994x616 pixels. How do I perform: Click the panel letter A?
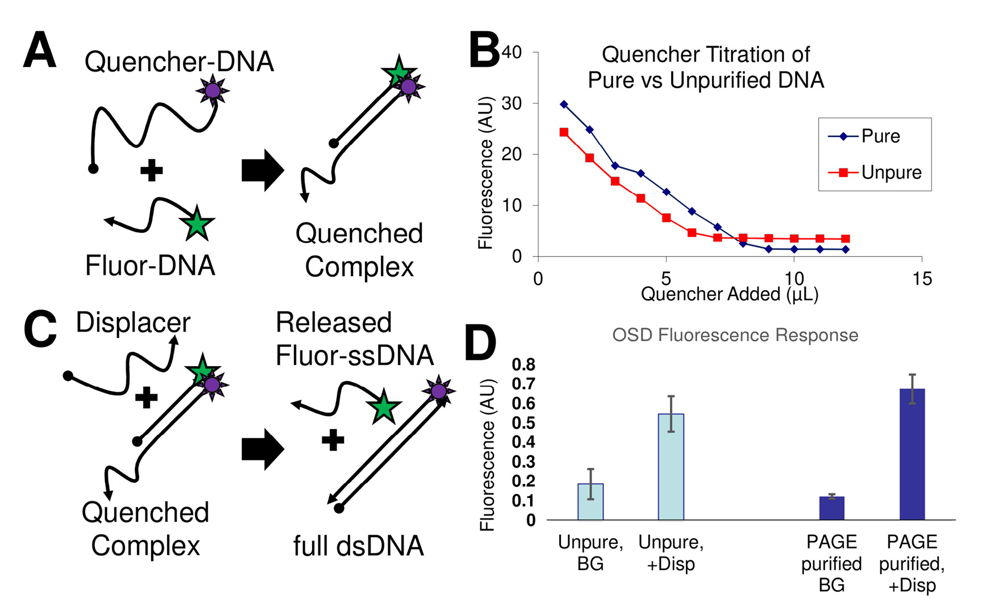click(40, 50)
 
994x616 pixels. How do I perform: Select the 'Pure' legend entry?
click(880, 136)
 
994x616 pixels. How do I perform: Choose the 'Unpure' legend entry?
click(891, 173)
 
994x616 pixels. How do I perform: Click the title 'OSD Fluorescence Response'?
click(735, 335)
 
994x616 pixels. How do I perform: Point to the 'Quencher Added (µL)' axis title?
click(729, 294)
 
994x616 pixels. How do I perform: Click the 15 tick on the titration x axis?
click(922, 279)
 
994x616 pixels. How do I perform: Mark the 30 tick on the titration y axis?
click(513, 103)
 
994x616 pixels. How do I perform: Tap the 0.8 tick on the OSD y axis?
click(523, 364)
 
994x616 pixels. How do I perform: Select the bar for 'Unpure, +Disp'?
click(670, 467)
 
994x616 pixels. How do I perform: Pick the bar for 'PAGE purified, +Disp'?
click(912, 454)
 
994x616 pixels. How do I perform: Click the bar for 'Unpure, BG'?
click(590, 502)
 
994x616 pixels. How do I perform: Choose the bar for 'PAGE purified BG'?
click(832, 508)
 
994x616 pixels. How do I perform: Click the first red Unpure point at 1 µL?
click(564, 132)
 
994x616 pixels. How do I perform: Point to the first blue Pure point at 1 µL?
click(564, 104)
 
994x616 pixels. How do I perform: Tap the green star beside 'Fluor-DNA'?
click(196, 223)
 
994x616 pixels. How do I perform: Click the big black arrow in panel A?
click(262, 170)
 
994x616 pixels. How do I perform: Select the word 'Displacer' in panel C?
click(133, 322)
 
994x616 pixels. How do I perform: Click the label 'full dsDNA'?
click(358, 546)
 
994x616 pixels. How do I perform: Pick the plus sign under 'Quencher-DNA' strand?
click(152, 170)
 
